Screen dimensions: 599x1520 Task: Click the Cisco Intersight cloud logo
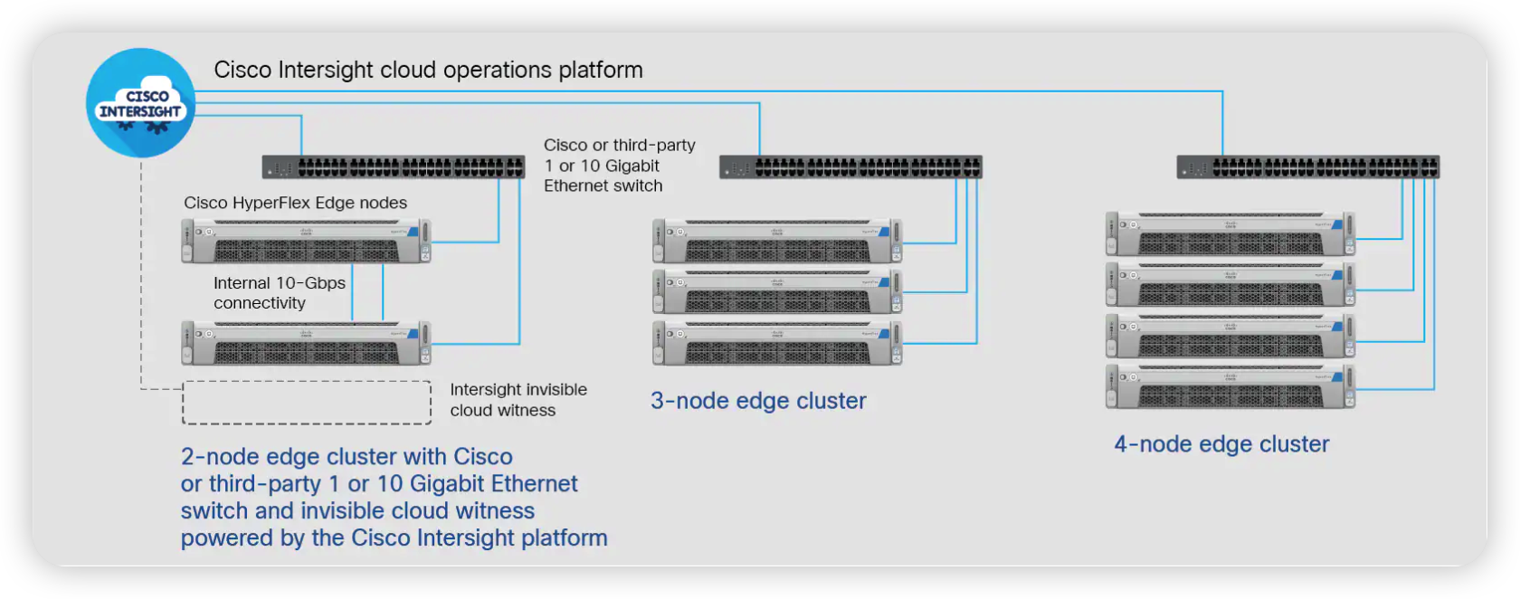click(140, 103)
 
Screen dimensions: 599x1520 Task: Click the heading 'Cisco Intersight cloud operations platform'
click(428, 71)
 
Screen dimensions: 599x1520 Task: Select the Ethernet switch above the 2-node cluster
click(394, 167)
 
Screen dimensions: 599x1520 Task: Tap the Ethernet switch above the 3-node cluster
click(850, 167)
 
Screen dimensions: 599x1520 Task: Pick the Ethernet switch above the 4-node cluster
click(1308, 167)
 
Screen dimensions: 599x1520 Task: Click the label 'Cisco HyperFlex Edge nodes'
click(295, 203)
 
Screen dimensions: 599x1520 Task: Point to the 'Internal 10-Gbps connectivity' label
click(279, 293)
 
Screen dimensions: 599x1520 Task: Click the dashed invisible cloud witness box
click(307, 403)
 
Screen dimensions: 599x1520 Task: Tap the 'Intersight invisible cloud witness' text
click(518, 400)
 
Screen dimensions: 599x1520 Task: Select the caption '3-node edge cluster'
click(758, 401)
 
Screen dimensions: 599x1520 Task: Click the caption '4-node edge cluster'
click(1221, 444)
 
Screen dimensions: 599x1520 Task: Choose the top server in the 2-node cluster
click(306, 242)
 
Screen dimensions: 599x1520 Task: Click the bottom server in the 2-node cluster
click(306, 344)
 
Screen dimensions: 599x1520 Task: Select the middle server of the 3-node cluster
click(777, 292)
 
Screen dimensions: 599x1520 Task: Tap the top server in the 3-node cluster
click(777, 242)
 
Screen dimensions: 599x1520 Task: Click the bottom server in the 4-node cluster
click(1230, 387)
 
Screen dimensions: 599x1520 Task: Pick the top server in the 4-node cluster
click(1230, 234)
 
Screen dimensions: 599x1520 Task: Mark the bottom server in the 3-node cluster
click(777, 343)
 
